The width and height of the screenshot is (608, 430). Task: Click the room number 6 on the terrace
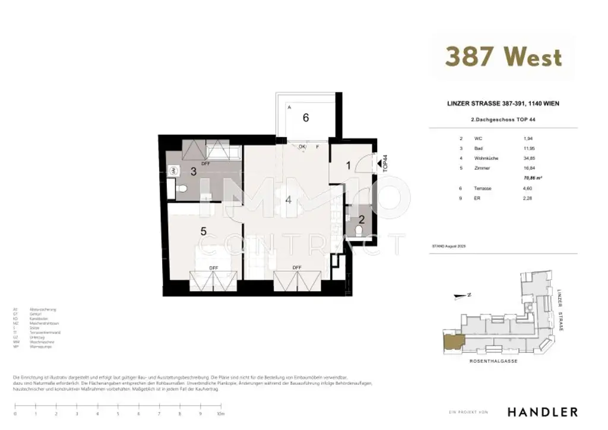point(305,118)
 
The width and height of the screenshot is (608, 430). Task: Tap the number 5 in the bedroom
point(203,232)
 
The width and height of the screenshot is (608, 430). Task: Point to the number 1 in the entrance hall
point(349,166)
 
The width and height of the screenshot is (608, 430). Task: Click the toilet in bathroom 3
point(182,189)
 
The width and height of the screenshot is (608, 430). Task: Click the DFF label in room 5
point(213,268)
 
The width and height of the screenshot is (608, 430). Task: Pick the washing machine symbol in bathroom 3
point(173,170)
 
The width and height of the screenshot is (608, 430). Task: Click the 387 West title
point(503,57)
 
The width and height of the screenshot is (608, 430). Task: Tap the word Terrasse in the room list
point(483,188)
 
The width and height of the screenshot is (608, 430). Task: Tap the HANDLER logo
point(542,412)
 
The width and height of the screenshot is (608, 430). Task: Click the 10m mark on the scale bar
point(220,414)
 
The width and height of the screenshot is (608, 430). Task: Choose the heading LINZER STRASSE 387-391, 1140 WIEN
point(502,103)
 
